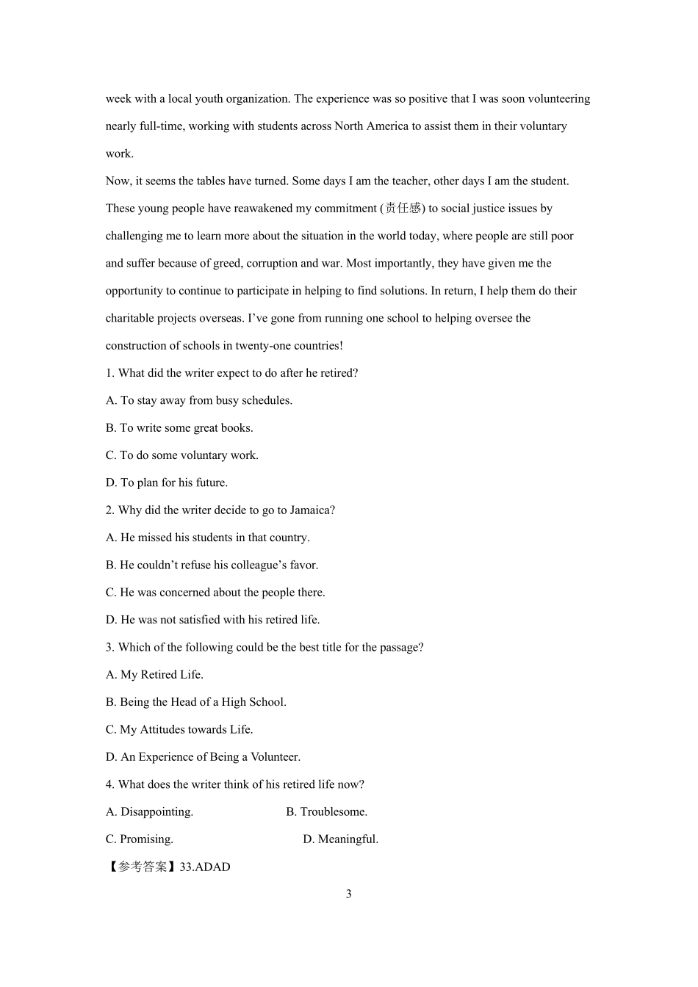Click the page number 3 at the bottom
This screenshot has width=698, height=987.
pyautogui.click(x=348, y=894)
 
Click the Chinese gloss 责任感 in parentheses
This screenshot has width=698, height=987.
pyautogui.click(x=403, y=209)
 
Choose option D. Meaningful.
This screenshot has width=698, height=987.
pyautogui.click(x=340, y=839)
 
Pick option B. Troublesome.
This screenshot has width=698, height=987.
pyautogui.click(x=326, y=811)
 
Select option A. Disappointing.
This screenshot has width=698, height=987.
pyautogui.click(x=149, y=811)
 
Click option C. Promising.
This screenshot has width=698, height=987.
pyautogui.click(x=140, y=839)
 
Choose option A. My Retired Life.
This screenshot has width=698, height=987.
pyautogui.click(x=154, y=674)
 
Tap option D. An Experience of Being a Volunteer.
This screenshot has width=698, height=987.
pyautogui.click(x=203, y=756)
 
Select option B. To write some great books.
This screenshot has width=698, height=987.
pyautogui.click(x=179, y=427)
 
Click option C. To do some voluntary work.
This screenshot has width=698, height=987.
pyautogui.click(x=181, y=455)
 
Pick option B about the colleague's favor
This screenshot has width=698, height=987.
pyautogui.click(x=212, y=565)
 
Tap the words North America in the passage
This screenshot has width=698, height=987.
pyautogui.click(x=371, y=126)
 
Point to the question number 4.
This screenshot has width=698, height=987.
pyautogui.click(x=109, y=784)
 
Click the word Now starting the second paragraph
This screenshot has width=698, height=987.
pyautogui.click(x=118, y=181)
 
